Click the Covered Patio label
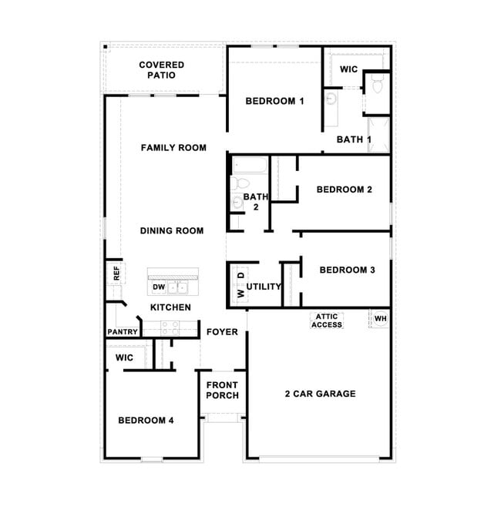[162, 70]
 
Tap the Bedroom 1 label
[275, 101]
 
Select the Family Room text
[173, 147]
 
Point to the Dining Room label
[172, 230]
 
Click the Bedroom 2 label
[345, 190]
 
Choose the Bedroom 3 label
[347, 270]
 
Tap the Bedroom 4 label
[146, 420]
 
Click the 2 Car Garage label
[320, 394]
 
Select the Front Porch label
[222, 390]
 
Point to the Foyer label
[222, 332]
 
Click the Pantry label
[123, 332]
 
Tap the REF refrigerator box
[116, 272]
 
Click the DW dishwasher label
[159, 287]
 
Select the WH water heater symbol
[381, 318]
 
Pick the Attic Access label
[327, 320]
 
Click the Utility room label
[264, 287]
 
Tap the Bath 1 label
[355, 139]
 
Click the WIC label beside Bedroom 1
[349, 69]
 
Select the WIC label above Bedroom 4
[124, 358]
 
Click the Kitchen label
[170, 307]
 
